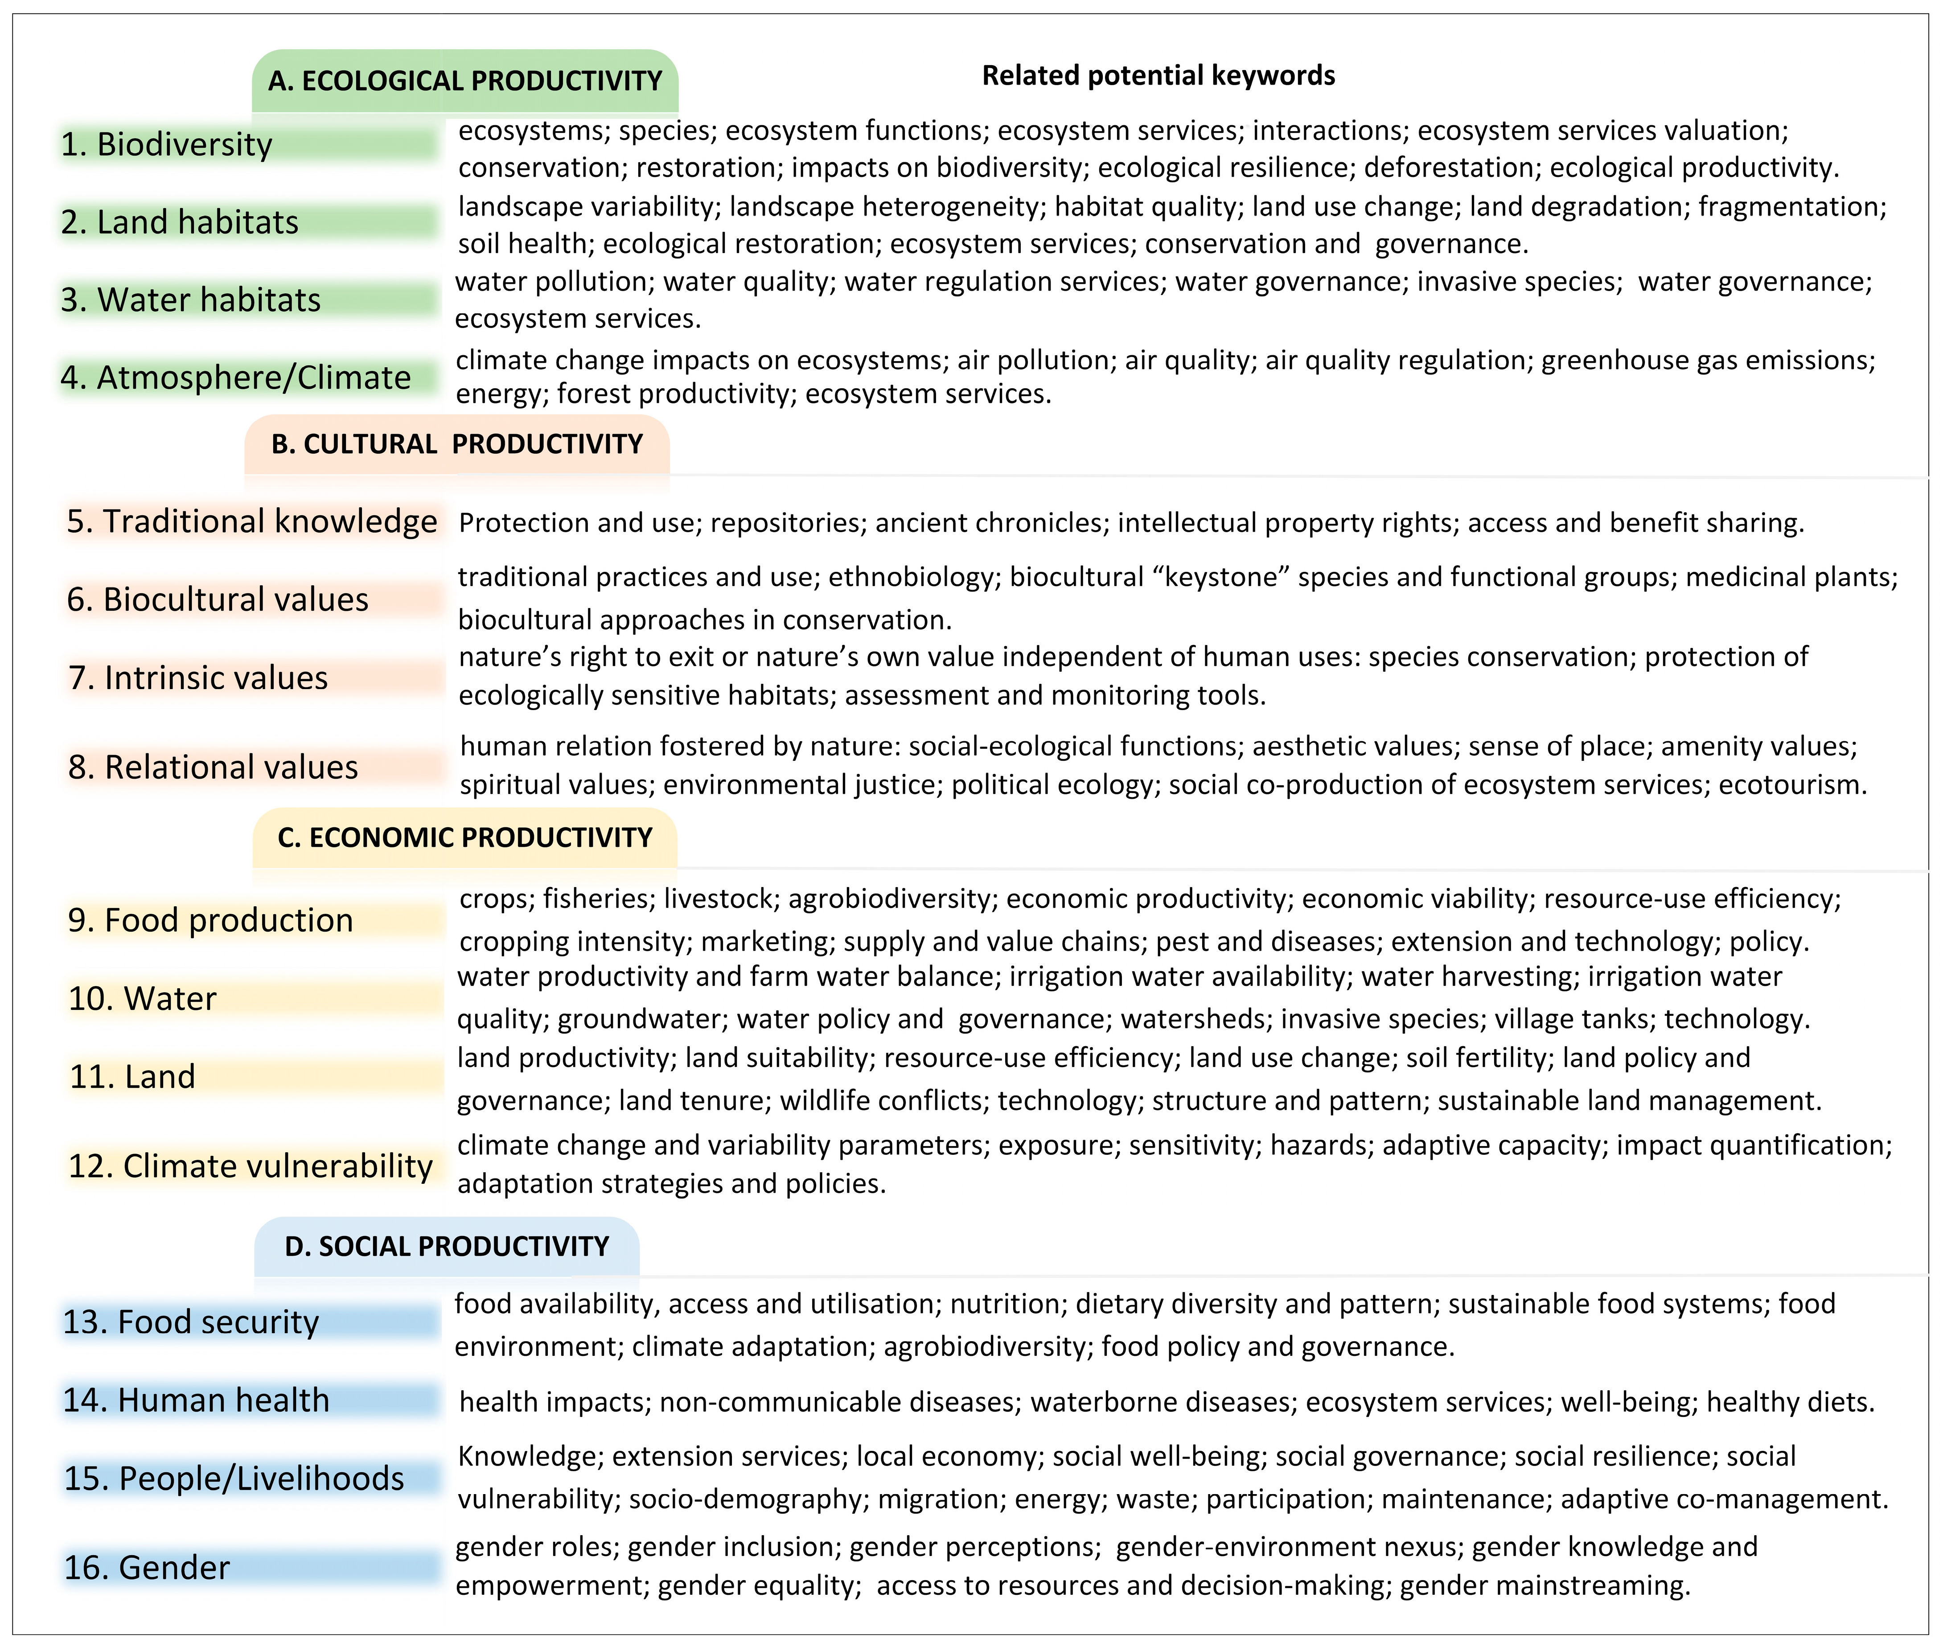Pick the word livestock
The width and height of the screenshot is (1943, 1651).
tap(719, 899)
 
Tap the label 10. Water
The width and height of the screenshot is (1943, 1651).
tap(142, 998)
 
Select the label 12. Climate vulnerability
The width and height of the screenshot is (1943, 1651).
tap(250, 1166)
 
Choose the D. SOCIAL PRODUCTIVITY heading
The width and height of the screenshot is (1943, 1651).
tap(447, 1247)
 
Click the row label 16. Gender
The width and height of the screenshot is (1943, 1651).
tap(147, 1568)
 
